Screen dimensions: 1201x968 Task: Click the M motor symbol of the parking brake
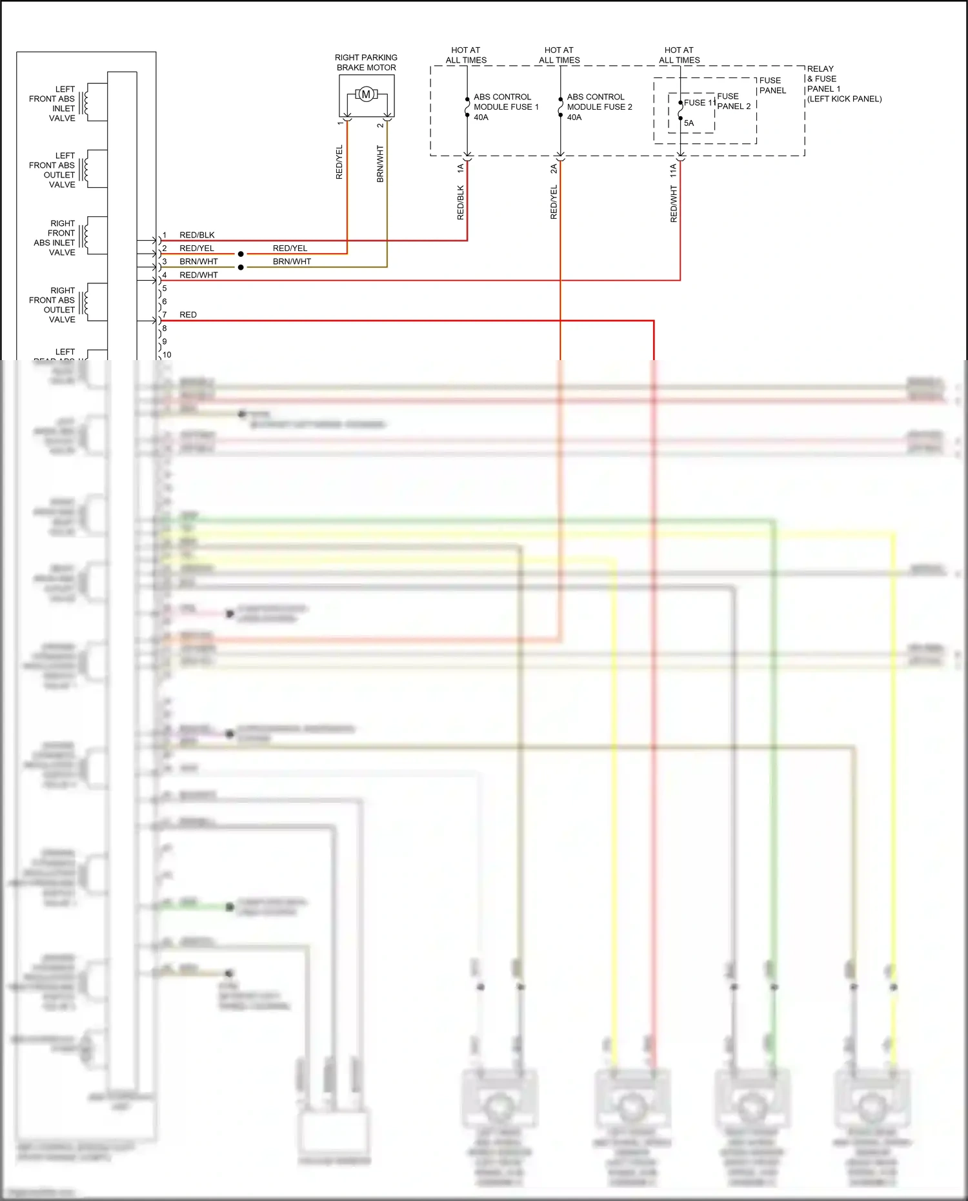click(366, 95)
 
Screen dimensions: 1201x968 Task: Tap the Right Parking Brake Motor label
click(366, 63)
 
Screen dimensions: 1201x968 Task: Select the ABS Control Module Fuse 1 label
click(506, 107)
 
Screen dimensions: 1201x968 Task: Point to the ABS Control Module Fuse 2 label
click(600, 107)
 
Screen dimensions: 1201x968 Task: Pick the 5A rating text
click(689, 123)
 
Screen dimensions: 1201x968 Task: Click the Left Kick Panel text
click(844, 99)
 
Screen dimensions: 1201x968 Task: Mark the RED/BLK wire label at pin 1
click(197, 235)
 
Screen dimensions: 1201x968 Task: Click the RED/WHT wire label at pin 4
click(199, 275)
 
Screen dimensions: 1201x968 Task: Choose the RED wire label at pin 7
click(188, 315)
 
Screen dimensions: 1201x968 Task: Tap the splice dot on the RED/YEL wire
click(241, 254)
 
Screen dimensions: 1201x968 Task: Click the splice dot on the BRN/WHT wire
click(241, 267)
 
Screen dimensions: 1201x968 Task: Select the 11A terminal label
click(673, 170)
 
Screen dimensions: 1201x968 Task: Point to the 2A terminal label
click(554, 169)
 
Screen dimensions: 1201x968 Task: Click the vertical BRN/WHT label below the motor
click(380, 163)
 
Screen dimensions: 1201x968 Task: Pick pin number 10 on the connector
click(167, 354)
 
